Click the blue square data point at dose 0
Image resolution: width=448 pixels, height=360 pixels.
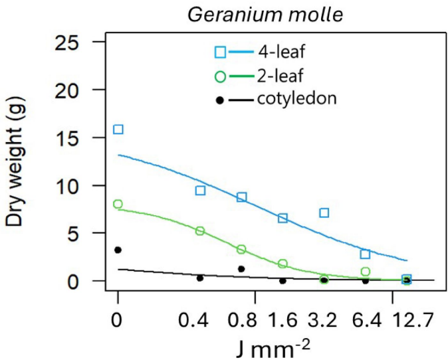pyautogui.click(x=118, y=129)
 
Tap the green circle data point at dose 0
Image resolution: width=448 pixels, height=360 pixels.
pyautogui.click(x=118, y=204)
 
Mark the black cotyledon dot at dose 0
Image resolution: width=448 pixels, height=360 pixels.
pyautogui.click(x=118, y=250)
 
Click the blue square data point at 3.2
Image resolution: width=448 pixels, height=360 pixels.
pyautogui.click(x=324, y=213)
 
